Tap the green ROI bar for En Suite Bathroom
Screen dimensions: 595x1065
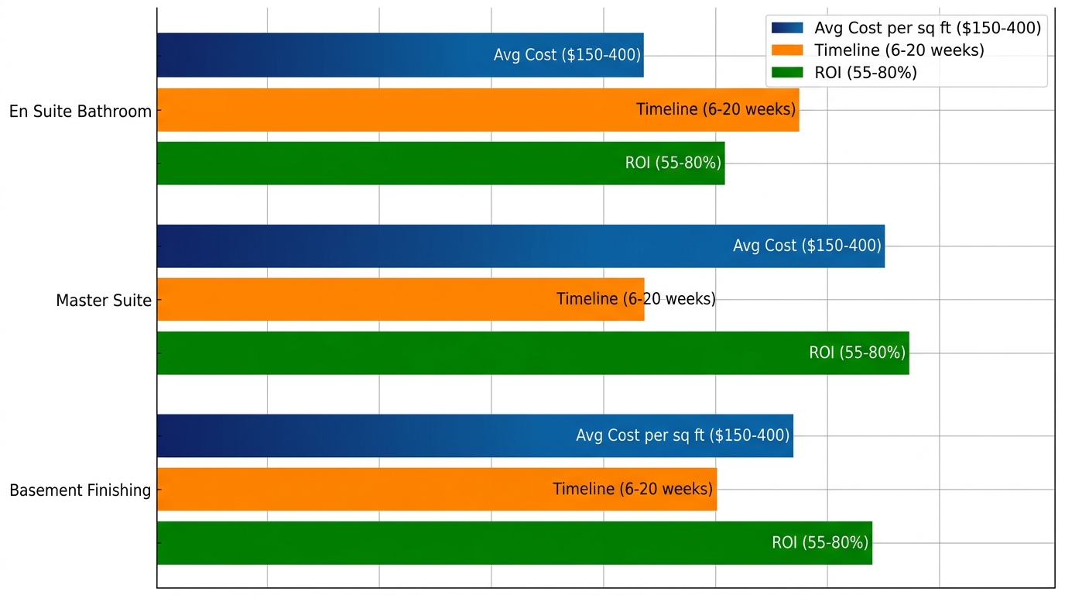coord(387,163)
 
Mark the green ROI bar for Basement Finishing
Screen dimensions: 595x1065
coord(464,543)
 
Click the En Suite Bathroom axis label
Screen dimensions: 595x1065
coord(80,112)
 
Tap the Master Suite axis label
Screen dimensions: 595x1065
coord(104,301)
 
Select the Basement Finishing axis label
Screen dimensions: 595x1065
coord(80,490)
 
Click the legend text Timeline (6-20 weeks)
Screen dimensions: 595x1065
coord(899,50)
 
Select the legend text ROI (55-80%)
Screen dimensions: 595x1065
coord(865,73)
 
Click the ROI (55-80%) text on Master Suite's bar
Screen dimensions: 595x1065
coord(857,353)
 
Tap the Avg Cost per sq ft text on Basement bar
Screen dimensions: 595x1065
coord(682,435)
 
